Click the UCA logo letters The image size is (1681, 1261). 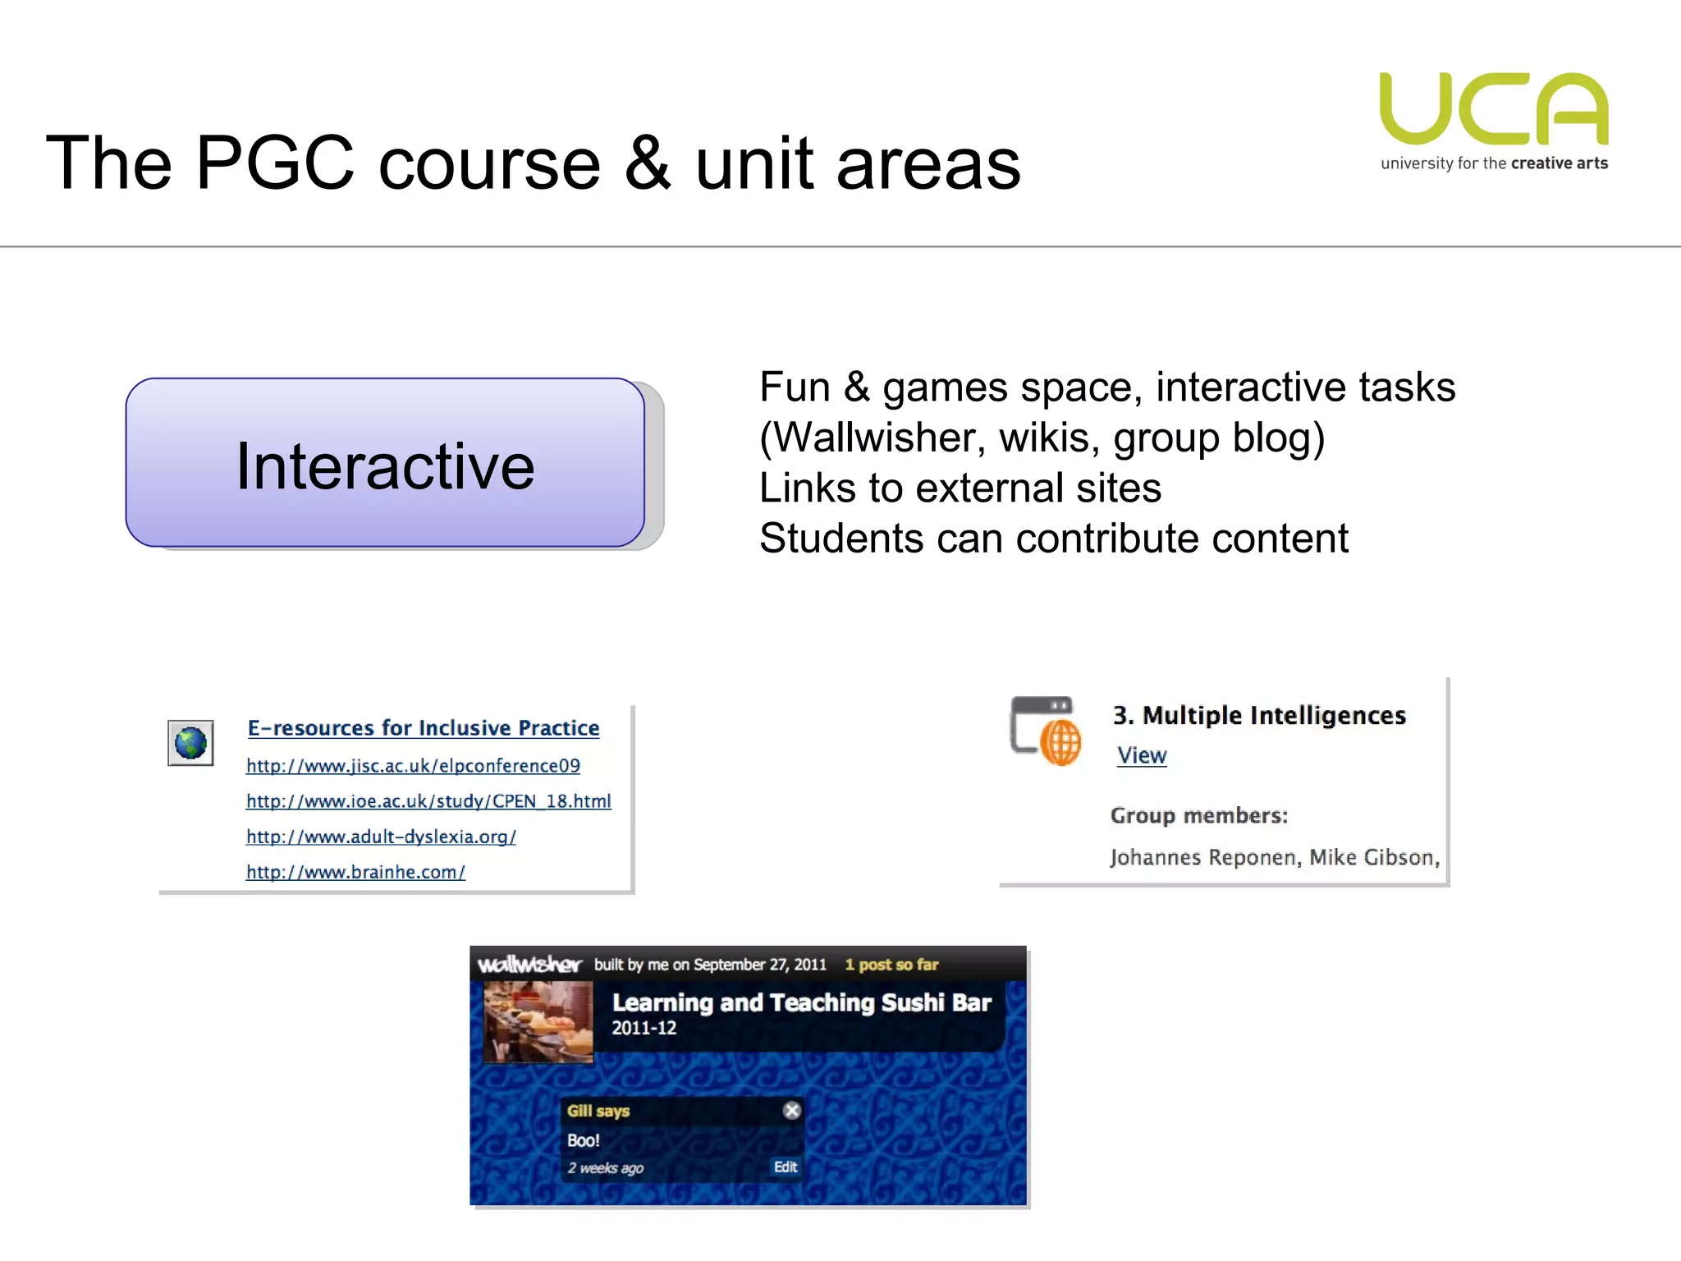pyautogui.click(x=1494, y=108)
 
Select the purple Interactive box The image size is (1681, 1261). pyautogui.click(x=385, y=463)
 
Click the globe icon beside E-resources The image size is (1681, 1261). pyautogui.click(x=190, y=743)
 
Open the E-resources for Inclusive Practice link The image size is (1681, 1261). pyautogui.click(x=424, y=728)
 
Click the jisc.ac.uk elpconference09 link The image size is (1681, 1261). pyautogui.click(x=413, y=766)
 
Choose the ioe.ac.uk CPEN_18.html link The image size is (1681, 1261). pyautogui.click(x=428, y=801)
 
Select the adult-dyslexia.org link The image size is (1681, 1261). pyautogui.click(x=381, y=837)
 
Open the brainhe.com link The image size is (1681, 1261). pyautogui.click(x=355, y=872)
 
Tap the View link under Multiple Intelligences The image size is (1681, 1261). pyautogui.click(x=1141, y=755)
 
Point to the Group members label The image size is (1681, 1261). pyautogui.click(x=1198, y=815)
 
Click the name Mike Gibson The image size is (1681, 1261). pyautogui.click(x=1373, y=857)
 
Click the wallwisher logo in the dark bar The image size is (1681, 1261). pyautogui.click(x=529, y=965)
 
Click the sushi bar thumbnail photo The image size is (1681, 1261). pyautogui.click(x=538, y=1022)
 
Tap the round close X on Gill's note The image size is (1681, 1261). pyautogui.click(x=791, y=1111)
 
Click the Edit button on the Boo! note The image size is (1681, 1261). pyautogui.click(x=785, y=1167)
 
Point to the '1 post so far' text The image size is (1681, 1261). pyautogui.click(x=891, y=965)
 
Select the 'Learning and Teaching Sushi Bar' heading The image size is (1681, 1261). pyautogui.click(x=801, y=1002)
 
